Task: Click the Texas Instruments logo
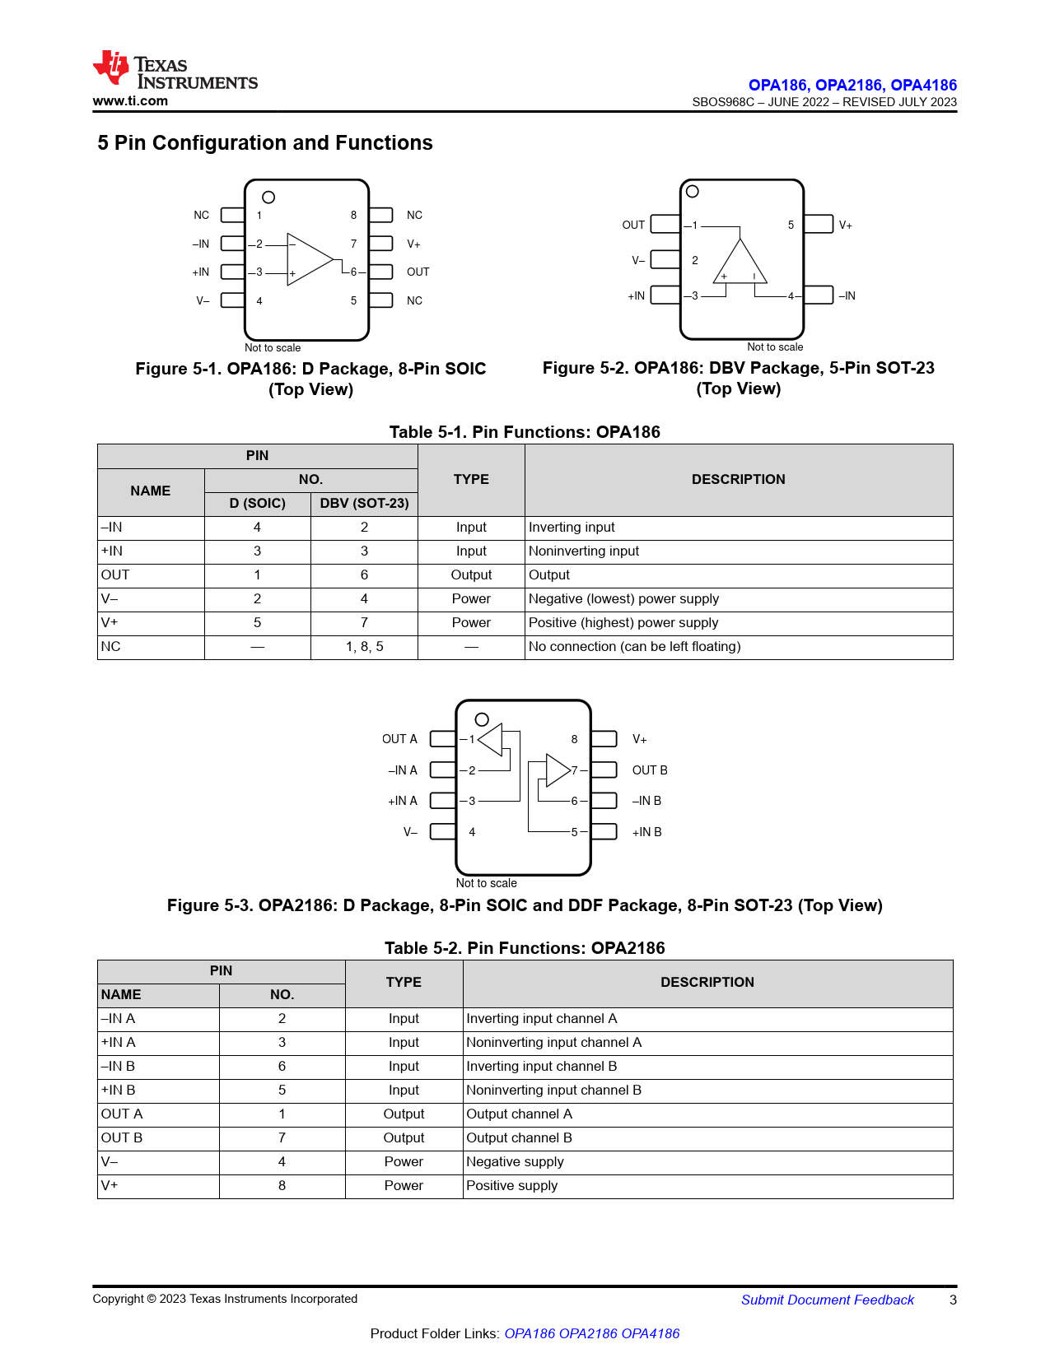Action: coord(175,70)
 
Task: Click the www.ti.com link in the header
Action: coord(130,101)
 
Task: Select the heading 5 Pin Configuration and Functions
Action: coord(265,143)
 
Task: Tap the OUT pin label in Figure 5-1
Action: coord(418,272)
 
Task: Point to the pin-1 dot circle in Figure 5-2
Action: coord(693,192)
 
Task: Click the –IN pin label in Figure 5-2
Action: coord(847,296)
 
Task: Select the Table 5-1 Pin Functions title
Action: coord(525,432)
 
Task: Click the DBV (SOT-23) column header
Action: coord(364,503)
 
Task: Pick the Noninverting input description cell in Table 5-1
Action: coord(584,551)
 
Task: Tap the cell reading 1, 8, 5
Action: coord(364,647)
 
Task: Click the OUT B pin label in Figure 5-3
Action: coord(650,770)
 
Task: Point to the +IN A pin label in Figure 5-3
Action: coord(403,801)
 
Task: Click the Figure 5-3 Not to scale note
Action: coord(487,883)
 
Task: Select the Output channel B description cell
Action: coord(519,1138)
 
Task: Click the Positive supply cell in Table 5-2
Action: coord(512,1186)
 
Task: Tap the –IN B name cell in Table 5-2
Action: coord(119,1067)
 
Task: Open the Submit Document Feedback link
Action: coord(827,1300)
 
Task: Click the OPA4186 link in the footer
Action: coord(651,1334)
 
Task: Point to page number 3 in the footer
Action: coord(953,1300)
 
